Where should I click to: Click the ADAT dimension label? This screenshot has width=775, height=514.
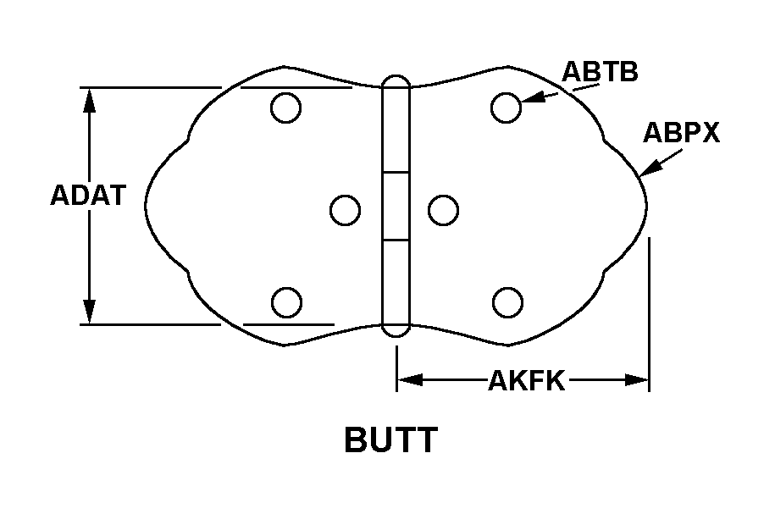(x=88, y=196)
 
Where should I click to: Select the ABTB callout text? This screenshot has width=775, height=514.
(x=601, y=72)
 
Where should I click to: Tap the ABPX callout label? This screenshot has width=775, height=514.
(x=681, y=133)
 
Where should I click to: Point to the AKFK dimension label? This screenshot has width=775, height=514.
(x=526, y=381)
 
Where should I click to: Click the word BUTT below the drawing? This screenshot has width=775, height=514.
(x=390, y=440)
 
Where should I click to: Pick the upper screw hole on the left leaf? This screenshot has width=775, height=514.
(x=286, y=108)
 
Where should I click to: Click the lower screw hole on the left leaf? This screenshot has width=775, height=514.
(x=286, y=302)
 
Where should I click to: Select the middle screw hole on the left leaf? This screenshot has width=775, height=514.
(x=345, y=210)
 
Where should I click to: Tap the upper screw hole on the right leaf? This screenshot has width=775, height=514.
(x=507, y=108)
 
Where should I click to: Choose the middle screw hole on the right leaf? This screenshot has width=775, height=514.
(x=444, y=210)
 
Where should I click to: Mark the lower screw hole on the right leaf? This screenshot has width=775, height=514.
(x=507, y=302)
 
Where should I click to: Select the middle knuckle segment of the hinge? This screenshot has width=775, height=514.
(x=396, y=207)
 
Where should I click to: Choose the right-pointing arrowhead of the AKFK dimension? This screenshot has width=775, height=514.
(x=637, y=380)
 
